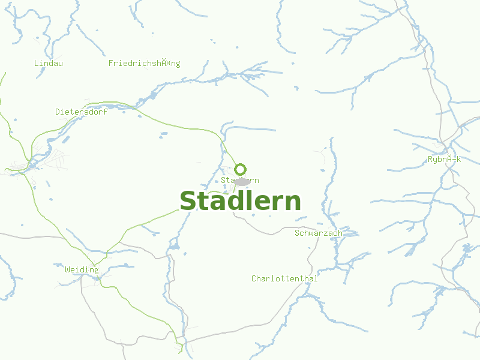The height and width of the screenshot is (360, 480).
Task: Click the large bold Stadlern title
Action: point(240,201)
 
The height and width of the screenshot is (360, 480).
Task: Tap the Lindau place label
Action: point(49,63)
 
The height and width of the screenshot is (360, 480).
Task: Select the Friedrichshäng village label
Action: point(144,63)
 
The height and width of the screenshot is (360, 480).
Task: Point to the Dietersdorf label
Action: point(81,112)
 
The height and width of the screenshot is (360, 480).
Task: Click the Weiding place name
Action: point(82,270)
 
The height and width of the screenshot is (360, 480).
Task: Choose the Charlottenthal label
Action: point(284,278)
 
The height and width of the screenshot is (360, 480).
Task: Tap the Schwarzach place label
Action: point(319,233)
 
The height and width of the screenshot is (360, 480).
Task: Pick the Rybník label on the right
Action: point(444,159)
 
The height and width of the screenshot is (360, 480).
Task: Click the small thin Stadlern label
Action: point(240,180)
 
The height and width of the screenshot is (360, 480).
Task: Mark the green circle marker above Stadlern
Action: point(241,169)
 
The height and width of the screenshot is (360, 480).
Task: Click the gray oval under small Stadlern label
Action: point(242,182)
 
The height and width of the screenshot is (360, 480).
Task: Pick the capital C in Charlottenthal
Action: point(254,278)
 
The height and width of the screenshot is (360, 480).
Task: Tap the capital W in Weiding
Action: point(67,270)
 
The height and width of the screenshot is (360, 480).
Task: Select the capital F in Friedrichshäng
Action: point(111,63)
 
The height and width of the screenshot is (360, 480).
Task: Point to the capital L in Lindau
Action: point(37,63)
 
